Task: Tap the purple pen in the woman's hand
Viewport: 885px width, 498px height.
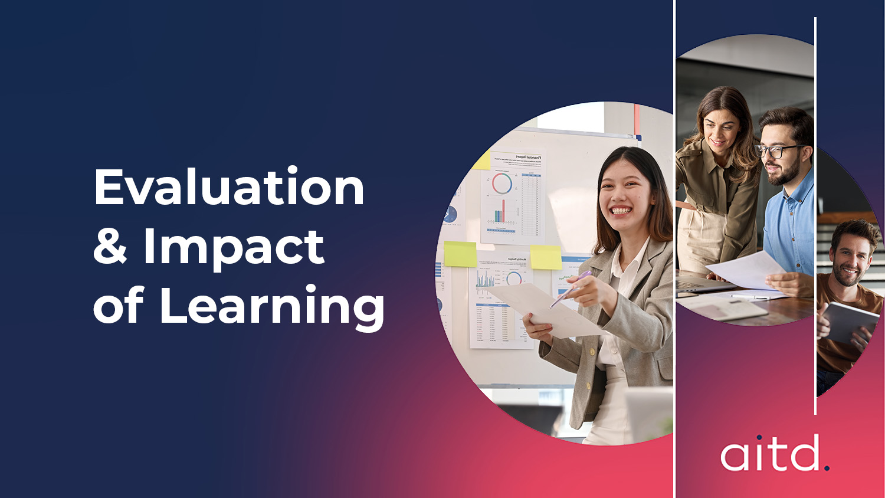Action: click(570, 289)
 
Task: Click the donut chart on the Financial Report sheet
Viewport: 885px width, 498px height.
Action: click(502, 183)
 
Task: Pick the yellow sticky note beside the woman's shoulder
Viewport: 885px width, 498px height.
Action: click(546, 257)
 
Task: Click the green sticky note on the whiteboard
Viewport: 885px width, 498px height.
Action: click(460, 254)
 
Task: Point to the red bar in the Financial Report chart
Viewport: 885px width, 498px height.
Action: click(503, 211)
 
